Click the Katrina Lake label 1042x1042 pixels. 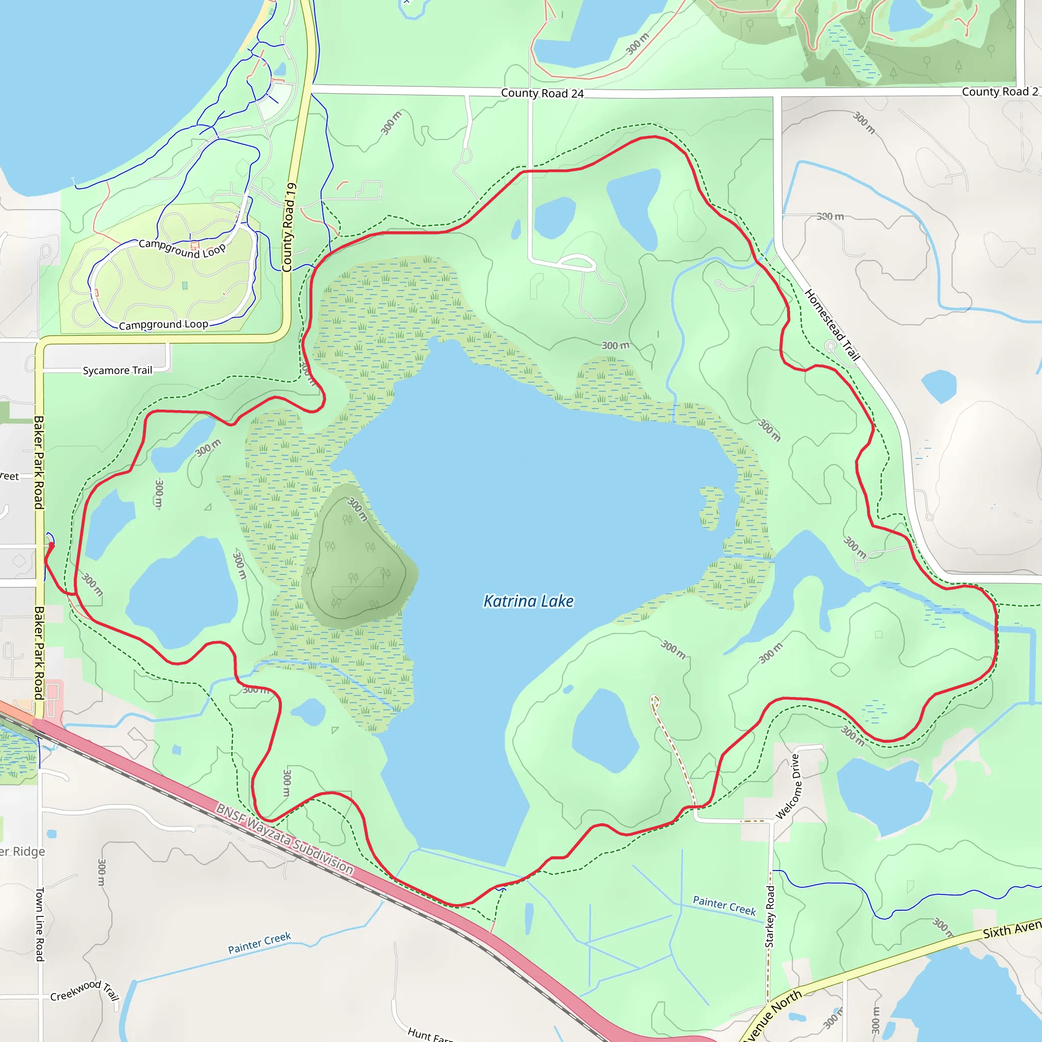pyautogui.click(x=528, y=601)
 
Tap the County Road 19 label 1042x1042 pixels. pyautogui.click(x=290, y=227)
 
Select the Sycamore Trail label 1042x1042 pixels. pyautogui.click(x=117, y=370)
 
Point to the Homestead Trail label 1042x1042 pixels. pyautogui.click(x=832, y=325)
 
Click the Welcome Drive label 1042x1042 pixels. pyautogui.click(x=788, y=787)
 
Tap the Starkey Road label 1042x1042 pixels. pyautogui.click(x=770, y=916)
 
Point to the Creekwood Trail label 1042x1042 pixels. pyautogui.click(x=84, y=990)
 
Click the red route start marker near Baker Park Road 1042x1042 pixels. pyautogui.click(x=52, y=545)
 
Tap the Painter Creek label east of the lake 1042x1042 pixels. pyautogui.click(x=725, y=906)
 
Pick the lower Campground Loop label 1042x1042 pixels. pyautogui.click(x=163, y=325)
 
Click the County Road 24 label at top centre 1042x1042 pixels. pyautogui.click(x=542, y=93)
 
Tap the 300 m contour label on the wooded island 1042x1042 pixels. pyautogui.click(x=357, y=509)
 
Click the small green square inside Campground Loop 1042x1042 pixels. pyautogui.click(x=185, y=285)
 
